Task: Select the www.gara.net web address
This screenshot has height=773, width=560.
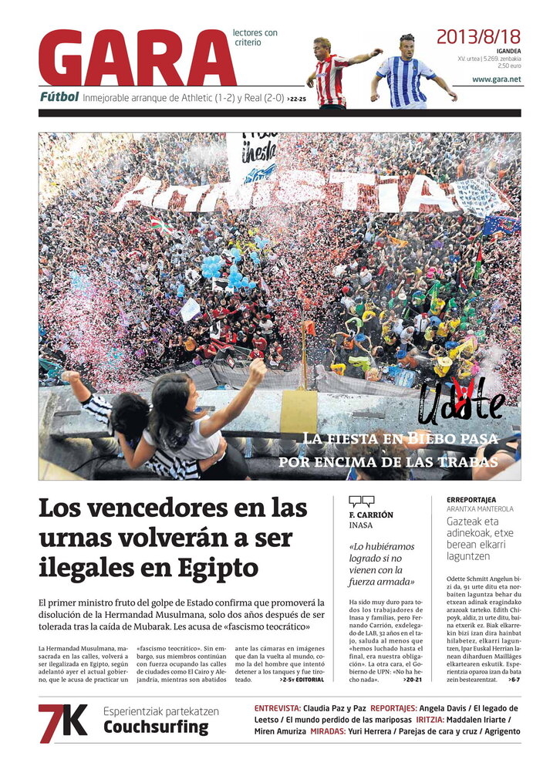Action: click(496, 79)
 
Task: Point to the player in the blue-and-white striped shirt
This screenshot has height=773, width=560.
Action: click(407, 72)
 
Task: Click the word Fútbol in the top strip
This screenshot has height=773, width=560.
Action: click(59, 97)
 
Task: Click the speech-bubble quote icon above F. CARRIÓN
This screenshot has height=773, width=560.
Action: click(361, 501)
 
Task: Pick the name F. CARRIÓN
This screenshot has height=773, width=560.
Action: click(371, 515)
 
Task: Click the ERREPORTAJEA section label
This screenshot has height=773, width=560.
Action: click(471, 499)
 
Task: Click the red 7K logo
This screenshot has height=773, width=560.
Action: click(63, 723)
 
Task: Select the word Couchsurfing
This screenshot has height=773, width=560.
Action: click(156, 727)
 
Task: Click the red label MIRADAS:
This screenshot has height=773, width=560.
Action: click(333, 731)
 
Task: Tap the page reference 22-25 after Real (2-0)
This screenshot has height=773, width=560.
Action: click(297, 99)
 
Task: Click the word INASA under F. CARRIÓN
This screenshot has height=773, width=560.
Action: click(361, 525)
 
